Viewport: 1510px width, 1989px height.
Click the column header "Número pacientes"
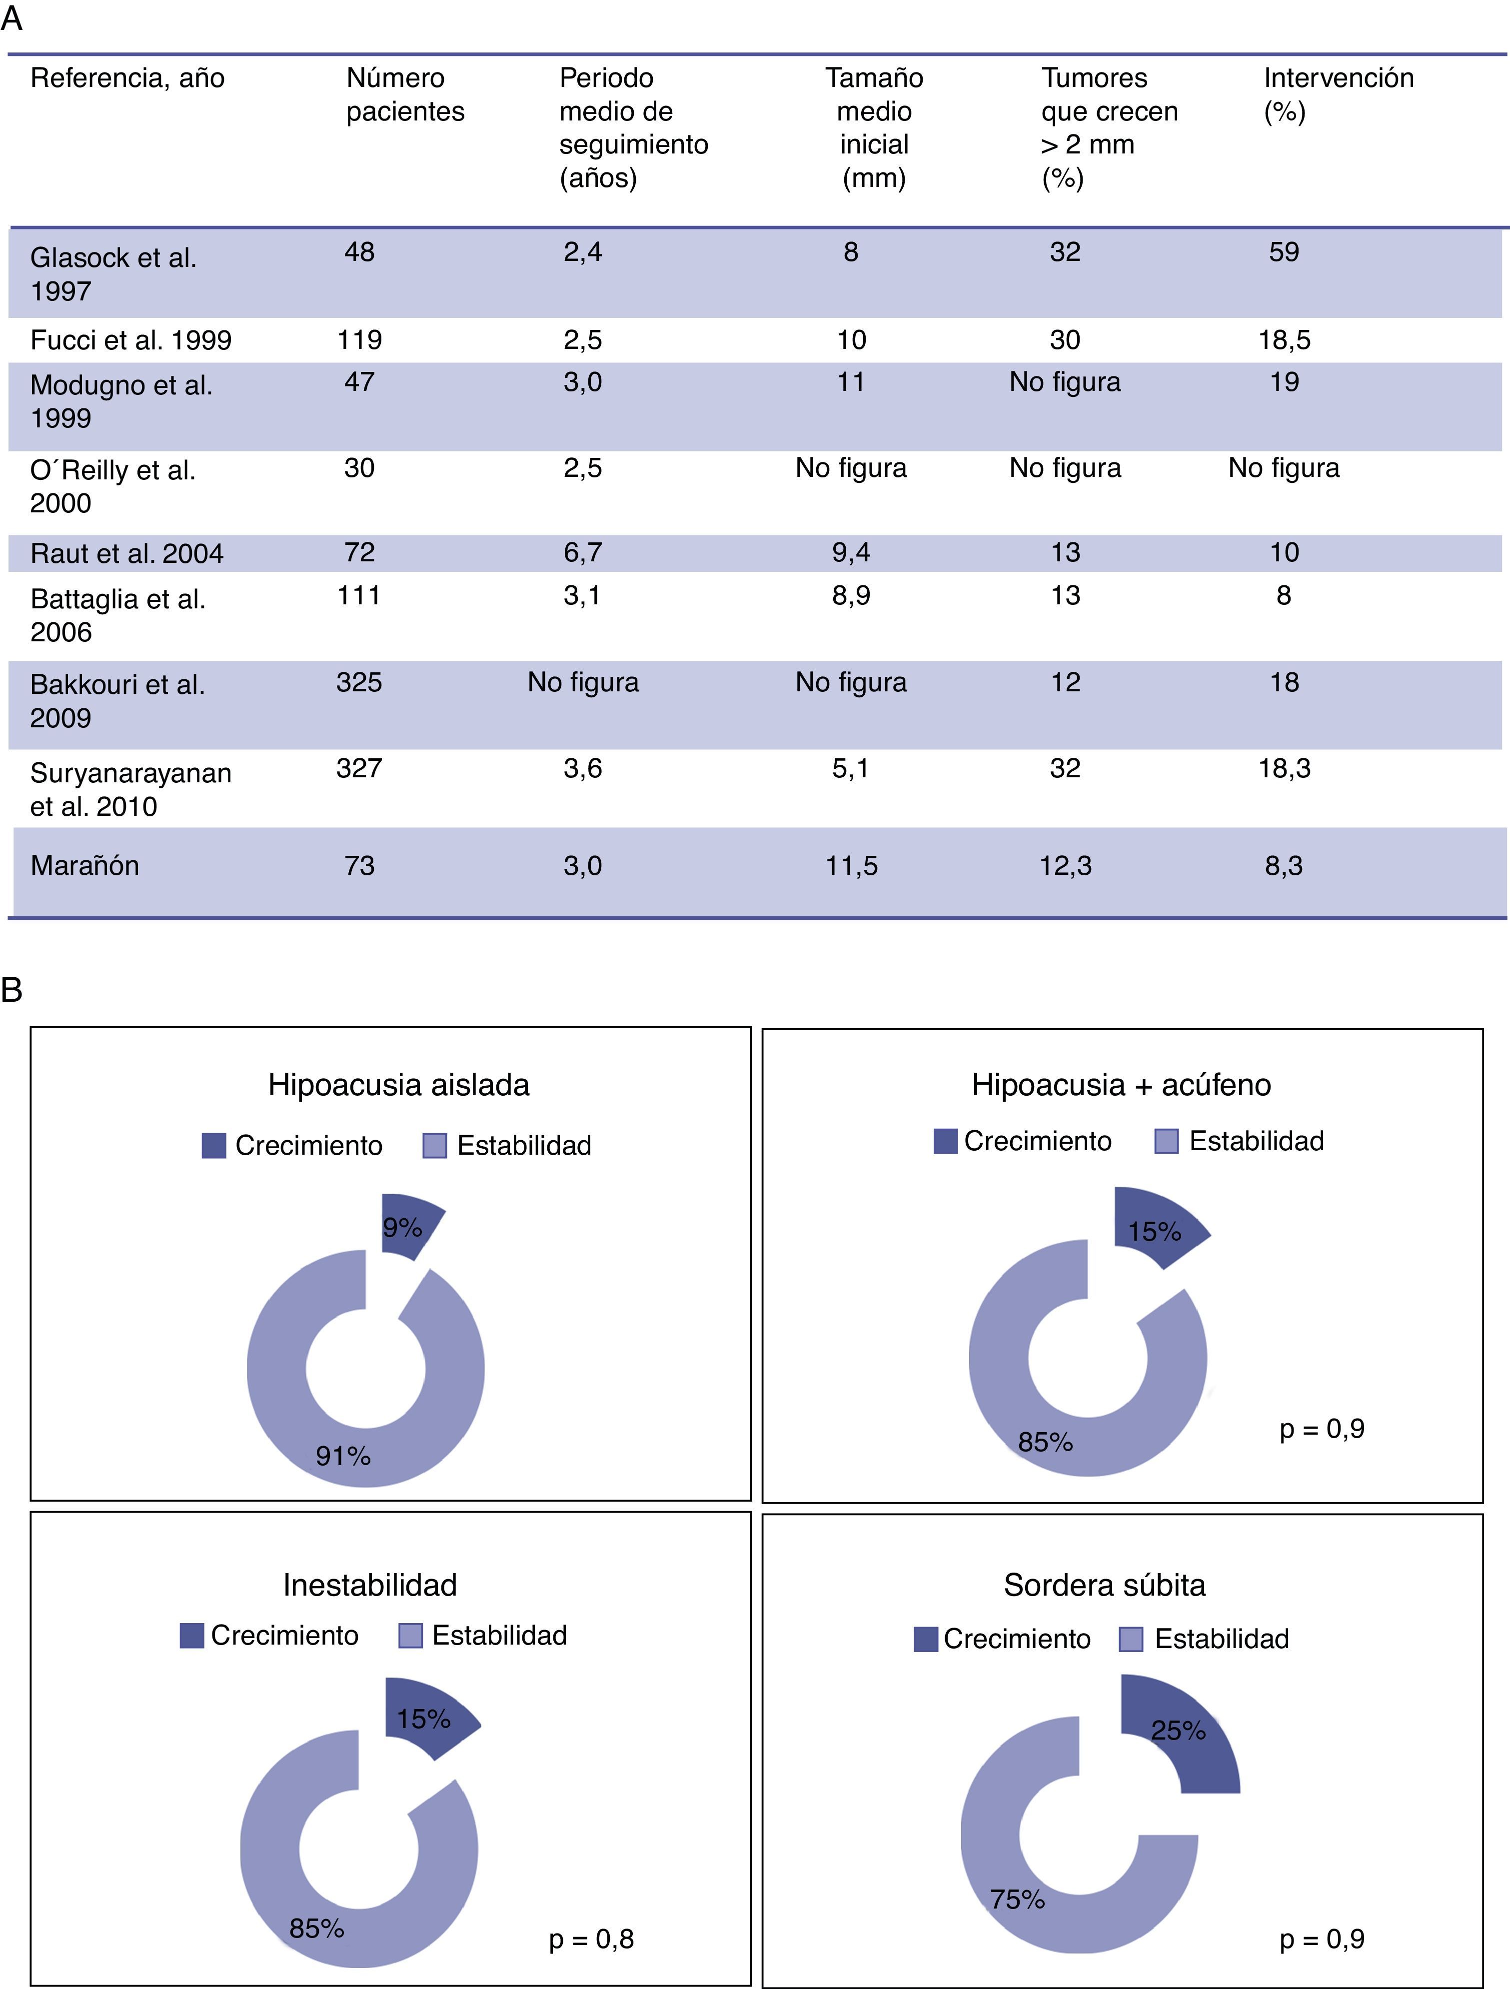pyautogui.click(x=405, y=94)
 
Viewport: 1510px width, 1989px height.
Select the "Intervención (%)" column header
pyautogui.click(x=1338, y=94)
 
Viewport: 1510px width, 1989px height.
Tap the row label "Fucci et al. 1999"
pyautogui.click(x=130, y=340)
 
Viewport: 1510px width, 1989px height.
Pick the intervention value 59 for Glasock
pyautogui.click(x=1284, y=252)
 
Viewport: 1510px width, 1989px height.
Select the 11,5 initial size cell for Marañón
pyautogui.click(x=851, y=866)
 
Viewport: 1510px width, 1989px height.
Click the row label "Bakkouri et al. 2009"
pyautogui.click(x=117, y=700)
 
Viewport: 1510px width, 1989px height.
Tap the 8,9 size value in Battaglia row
pyautogui.click(x=851, y=595)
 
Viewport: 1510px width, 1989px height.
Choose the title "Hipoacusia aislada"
pyautogui.click(x=398, y=1084)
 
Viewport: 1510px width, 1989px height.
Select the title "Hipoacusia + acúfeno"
pyautogui.click(x=1121, y=1084)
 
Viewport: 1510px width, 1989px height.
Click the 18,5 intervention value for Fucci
pyautogui.click(x=1284, y=340)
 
